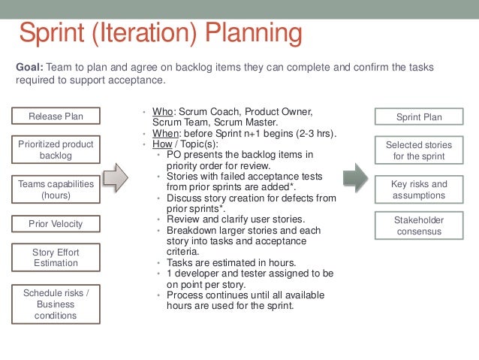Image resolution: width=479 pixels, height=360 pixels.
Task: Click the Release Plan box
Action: click(56, 116)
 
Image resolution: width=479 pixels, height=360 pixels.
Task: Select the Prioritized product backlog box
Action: click(56, 149)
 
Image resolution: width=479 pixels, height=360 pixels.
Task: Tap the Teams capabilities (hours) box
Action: click(56, 188)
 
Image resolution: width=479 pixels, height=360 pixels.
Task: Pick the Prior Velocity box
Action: click(56, 223)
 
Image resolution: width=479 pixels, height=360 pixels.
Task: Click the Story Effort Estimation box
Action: click(56, 258)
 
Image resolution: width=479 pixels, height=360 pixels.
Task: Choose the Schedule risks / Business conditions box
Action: click(56, 304)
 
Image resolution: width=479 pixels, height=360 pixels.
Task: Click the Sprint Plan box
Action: click(419, 116)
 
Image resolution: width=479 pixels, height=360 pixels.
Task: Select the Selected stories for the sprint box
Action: click(419, 150)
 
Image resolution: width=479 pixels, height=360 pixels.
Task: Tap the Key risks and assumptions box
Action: click(419, 189)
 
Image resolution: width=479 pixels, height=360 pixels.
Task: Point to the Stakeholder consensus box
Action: click(419, 225)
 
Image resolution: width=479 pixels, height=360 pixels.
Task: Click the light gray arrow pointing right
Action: click(116, 177)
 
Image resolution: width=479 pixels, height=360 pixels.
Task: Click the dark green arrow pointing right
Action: click(355, 178)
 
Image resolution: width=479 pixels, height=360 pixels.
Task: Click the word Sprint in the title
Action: click(53, 35)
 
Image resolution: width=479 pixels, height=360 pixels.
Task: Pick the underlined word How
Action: click(162, 144)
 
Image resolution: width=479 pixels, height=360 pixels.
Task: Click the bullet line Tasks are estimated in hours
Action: click(231, 262)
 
